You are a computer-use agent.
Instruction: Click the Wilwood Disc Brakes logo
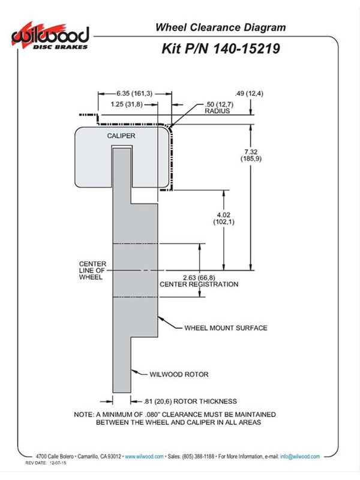coord(50,36)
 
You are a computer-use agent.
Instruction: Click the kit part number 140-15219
coord(246,49)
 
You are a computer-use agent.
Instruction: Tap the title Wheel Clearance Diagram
coord(220,27)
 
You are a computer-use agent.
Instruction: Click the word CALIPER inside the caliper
coord(121,136)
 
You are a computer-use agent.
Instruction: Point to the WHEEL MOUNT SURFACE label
coord(226,328)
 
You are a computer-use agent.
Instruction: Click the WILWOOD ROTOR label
coord(179,374)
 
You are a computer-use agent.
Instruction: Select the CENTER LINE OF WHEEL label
coord(92,271)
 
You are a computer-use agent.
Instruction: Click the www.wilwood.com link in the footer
coord(144,457)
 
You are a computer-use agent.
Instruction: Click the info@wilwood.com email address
coord(300,457)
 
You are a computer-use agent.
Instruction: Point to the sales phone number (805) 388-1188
coord(198,457)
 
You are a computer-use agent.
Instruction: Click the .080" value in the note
coord(152,415)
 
